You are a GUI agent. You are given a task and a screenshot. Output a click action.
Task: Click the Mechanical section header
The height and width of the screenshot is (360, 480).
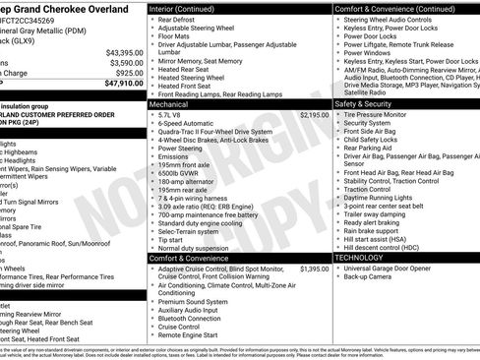point(169,102)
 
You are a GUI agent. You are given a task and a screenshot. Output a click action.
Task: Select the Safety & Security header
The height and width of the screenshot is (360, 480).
point(363,102)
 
